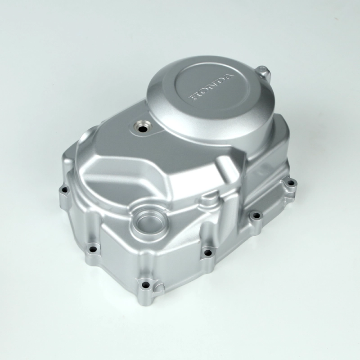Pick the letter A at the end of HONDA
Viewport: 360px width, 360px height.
point(227,77)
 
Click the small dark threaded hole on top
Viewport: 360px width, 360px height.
point(143,129)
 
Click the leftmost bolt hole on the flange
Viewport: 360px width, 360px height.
point(64,190)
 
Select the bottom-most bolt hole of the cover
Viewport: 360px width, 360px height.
point(145,285)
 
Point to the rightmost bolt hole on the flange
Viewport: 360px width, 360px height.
point(291,183)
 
